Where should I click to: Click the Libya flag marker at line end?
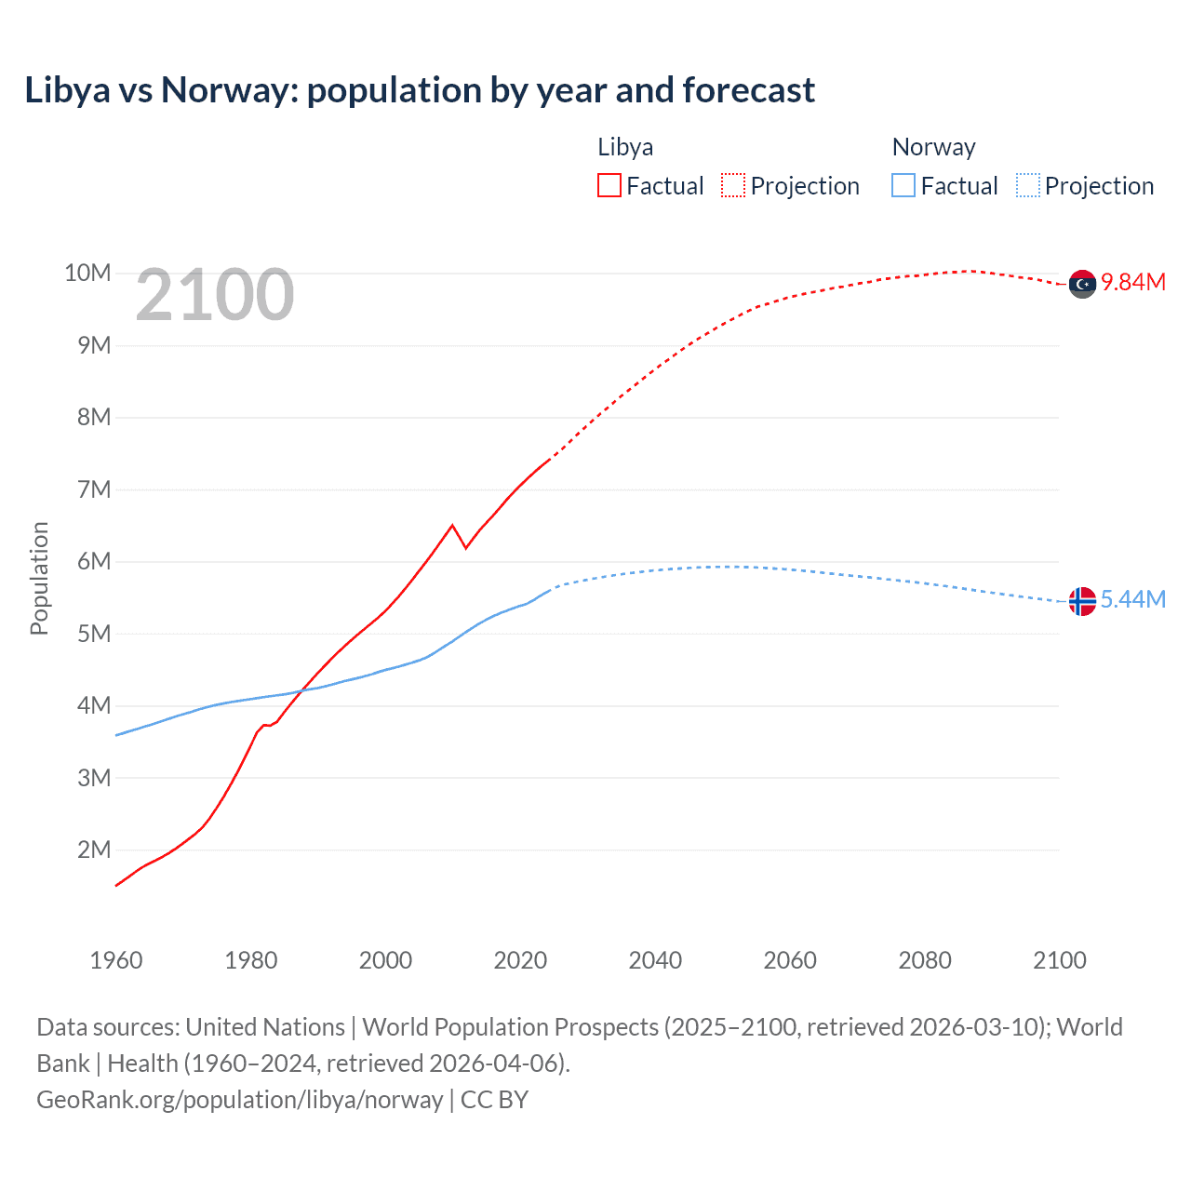click(1082, 284)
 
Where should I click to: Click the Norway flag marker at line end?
click(1082, 601)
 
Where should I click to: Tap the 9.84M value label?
click(1133, 282)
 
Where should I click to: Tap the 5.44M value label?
click(1133, 599)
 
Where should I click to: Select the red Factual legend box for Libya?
click(609, 185)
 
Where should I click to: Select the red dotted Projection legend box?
click(733, 185)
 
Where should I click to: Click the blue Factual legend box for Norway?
click(903, 185)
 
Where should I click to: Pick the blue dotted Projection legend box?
click(1028, 185)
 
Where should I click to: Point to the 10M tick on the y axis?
click(87, 273)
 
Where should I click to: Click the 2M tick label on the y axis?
click(94, 850)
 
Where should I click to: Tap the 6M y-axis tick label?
click(94, 561)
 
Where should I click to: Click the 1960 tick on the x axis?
click(116, 960)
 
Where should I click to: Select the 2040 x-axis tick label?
click(655, 960)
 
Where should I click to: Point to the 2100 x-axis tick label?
click(1059, 960)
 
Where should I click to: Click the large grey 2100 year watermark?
click(215, 295)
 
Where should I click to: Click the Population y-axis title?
click(39, 578)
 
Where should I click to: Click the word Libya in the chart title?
click(67, 90)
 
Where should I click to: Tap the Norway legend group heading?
click(933, 147)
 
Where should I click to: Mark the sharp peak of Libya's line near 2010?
click(452, 526)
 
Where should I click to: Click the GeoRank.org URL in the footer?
click(240, 1099)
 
